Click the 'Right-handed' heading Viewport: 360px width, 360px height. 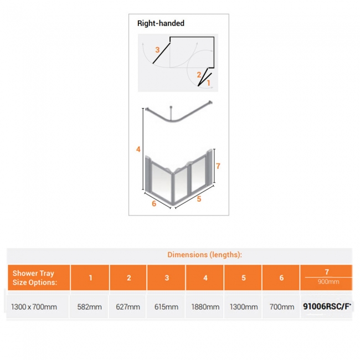click(161, 24)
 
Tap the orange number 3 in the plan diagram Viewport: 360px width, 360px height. click(157, 50)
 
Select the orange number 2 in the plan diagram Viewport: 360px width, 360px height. click(199, 74)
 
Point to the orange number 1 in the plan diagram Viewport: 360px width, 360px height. click(208, 83)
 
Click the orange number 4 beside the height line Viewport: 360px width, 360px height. click(138, 148)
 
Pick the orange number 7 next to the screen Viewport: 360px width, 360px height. click(218, 166)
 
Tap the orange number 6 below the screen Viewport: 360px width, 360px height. click(154, 203)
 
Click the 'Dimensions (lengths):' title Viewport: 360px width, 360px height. click(204, 255)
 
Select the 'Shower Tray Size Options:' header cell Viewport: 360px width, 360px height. click(34, 277)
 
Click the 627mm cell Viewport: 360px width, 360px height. click(128, 307)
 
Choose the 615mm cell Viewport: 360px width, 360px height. click(167, 307)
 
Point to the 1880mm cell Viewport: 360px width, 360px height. click(205, 307)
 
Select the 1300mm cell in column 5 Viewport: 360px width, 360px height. click(243, 307)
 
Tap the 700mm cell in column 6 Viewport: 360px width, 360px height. click(281, 307)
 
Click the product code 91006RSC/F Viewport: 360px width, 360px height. click(327, 306)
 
